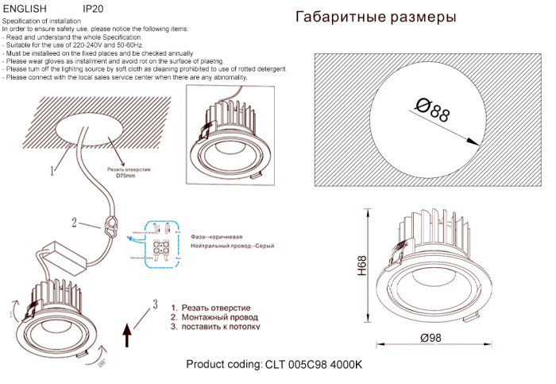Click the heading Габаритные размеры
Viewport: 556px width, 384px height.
(x=376, y=17)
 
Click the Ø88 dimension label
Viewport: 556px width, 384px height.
(x=432, y=110)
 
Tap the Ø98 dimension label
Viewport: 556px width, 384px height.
(x=430, y=337)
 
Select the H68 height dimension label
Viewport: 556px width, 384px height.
(x=362, y=266)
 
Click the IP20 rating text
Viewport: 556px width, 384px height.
(x=93, y=7)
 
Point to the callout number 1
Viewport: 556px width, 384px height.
(x=52, y=170)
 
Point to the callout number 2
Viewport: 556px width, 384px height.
(x=75, y=223)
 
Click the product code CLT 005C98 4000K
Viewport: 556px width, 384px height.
(x=273, y=365)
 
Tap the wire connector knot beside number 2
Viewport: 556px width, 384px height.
(x=111, y=227)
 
